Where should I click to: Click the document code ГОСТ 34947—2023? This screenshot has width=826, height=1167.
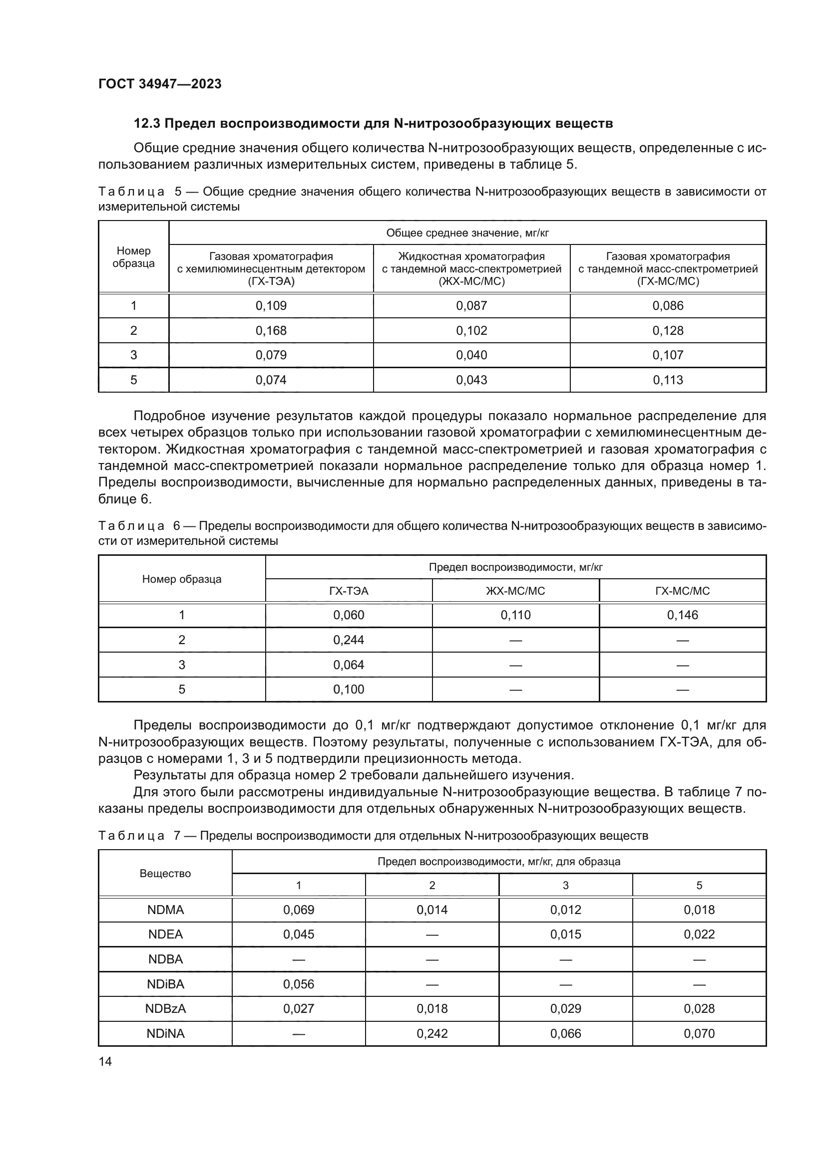(x=160, y=84)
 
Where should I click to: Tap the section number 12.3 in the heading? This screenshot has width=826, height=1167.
(x=147, y=124)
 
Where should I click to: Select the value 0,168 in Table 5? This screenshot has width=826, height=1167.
(x=271, y=330)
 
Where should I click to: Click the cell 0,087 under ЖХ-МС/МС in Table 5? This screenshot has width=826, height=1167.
(x=471, y=305)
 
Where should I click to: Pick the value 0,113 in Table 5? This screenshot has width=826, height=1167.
(x=668, y=380)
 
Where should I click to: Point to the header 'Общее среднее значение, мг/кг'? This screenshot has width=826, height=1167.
(x=467, y=233)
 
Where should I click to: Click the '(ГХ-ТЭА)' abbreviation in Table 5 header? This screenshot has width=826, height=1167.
(x=271, y=281)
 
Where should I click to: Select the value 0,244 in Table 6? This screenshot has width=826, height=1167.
(x=349, y=640)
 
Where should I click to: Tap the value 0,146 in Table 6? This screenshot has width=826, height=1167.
(x=683, y=615)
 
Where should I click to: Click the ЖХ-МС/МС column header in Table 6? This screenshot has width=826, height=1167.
(x=515, y=591)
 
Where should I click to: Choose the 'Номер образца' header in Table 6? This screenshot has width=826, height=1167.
(x=182, y=579)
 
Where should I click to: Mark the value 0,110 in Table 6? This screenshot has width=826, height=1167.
(x=515, y=615)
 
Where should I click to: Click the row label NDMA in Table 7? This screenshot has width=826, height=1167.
(x=165, y=910)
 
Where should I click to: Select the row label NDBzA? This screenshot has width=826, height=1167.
(x=165, y=1008)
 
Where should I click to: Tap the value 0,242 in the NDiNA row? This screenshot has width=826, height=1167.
(x=432, y=1033)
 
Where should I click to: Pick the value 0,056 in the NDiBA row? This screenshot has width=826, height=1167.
(x=299, y=984)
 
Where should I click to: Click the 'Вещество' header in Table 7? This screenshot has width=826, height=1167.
(x=165, y=873)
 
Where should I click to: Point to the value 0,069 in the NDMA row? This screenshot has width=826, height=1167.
(x=299, y=910)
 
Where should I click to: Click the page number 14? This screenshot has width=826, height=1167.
(x=105, y=1061)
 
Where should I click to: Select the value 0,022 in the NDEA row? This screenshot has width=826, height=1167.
(x=699, y=934)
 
